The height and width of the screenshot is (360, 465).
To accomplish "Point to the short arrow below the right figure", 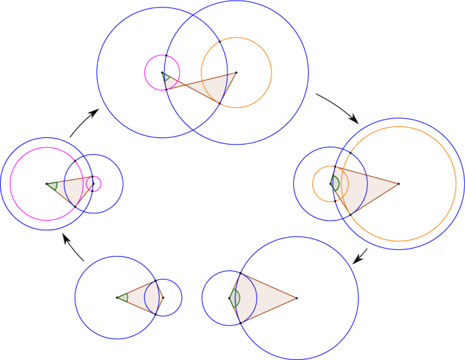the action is coord(361,256).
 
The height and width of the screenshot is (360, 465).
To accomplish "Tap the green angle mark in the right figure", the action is coord(336,183).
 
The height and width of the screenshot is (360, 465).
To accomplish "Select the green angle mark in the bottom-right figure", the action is coord(236,298).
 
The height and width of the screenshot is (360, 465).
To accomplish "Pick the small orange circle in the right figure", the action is coord(314,183).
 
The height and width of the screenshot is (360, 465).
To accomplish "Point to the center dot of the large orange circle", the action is coord(398,183).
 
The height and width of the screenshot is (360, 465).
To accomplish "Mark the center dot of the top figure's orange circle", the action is coord(236,72).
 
